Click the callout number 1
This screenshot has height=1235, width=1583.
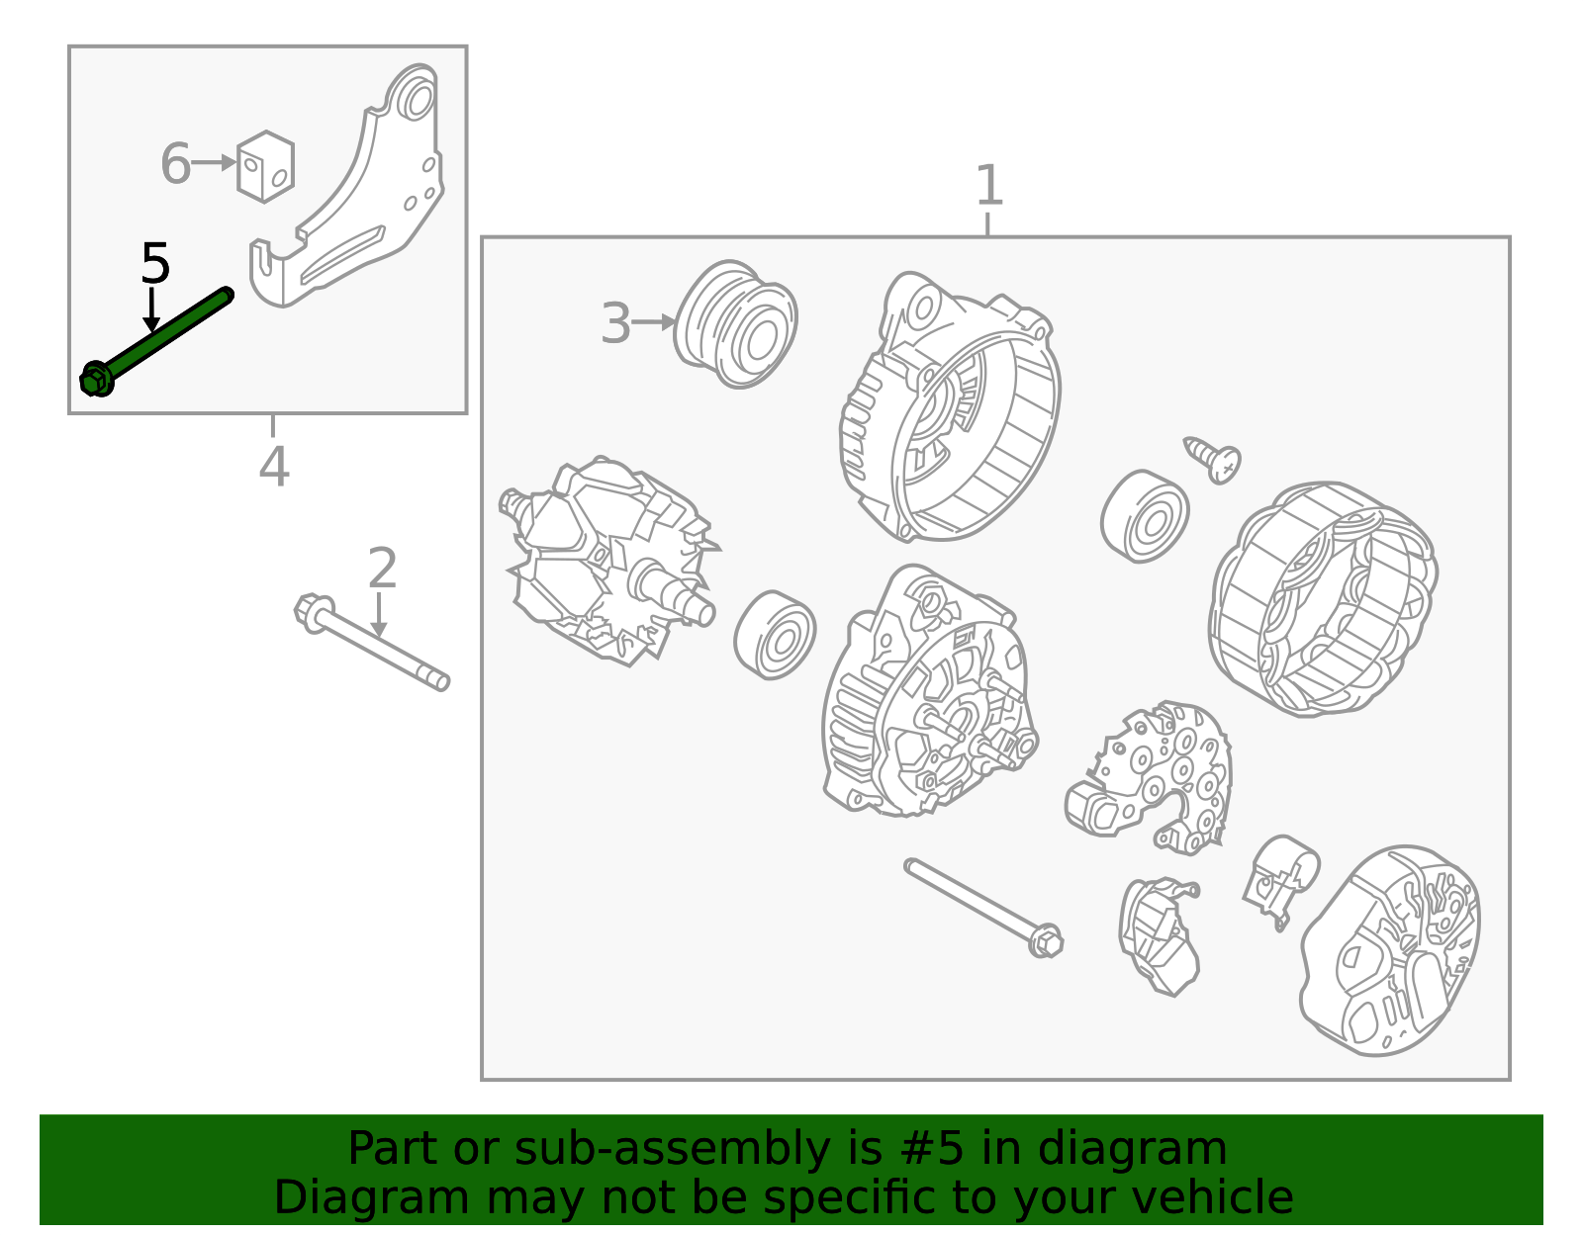(x=988, y=185)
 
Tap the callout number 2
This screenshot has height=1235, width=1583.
(x=383, y=568)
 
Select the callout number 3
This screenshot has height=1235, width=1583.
(x=615, y=323)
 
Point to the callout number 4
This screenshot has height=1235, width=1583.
(x=274, y=467)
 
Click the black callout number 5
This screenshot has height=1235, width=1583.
(x=155, y=263)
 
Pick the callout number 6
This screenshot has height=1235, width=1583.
(x=175, y=164)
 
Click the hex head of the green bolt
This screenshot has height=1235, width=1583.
(x=95, y=379)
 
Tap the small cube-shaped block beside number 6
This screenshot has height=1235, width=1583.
(x=266, y=167)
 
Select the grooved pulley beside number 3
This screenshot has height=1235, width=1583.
(x=735, y=324)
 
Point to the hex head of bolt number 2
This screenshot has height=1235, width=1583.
(x=313, y=613)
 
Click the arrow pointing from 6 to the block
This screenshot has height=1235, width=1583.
(x=214, y=162)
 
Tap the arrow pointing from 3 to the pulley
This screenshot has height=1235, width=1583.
(x=654, y=321)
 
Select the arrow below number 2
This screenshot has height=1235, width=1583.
(x=379, y=615)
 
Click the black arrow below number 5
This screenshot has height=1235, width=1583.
(x=151, y=310)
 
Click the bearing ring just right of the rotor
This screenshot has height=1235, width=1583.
(x=775, y=635)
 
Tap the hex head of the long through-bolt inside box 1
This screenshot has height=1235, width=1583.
(x=1046, y=941)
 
